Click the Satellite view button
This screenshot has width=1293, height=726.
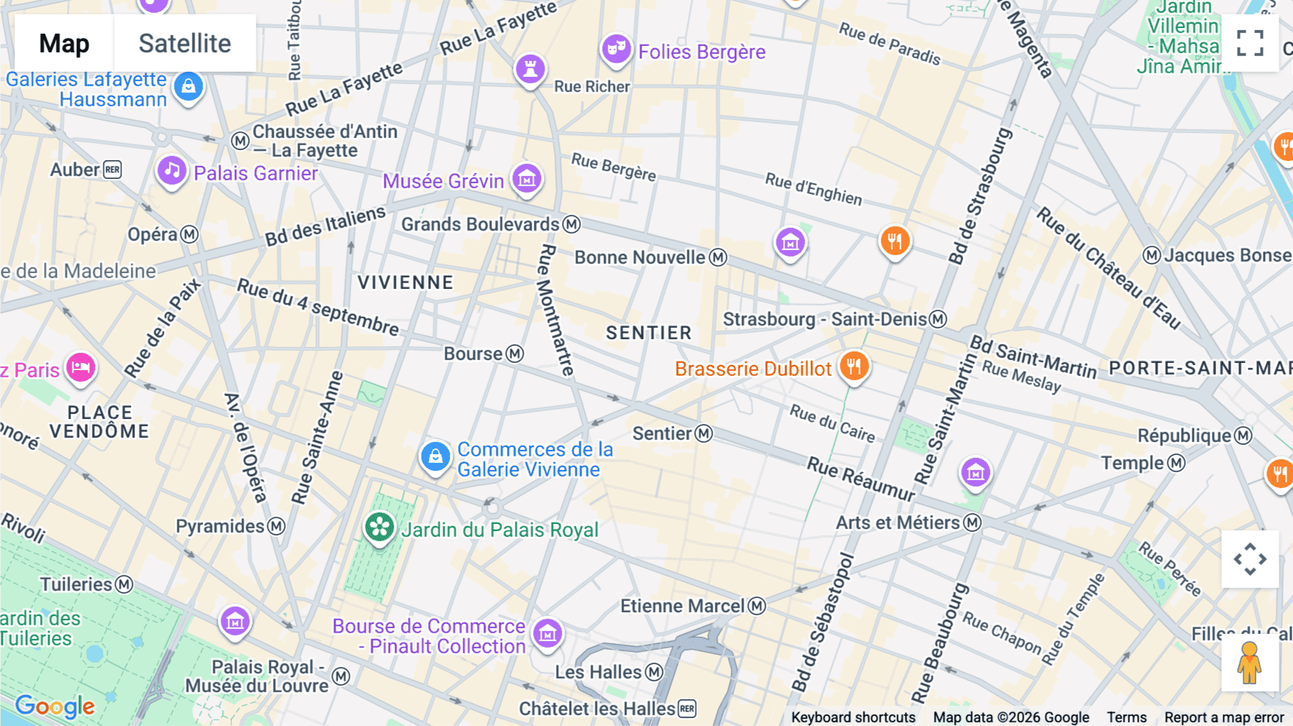coord(185,43)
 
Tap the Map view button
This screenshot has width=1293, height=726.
coord(64,43)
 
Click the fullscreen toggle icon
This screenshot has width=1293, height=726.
coord(1250,43)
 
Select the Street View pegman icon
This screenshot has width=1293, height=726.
coord(1250,663)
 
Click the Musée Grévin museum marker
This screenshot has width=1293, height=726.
coord(527,178)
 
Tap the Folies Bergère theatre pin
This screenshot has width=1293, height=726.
coord(616,50)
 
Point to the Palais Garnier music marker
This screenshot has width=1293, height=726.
coord(172,171)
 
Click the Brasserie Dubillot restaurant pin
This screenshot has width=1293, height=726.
coord(853,367)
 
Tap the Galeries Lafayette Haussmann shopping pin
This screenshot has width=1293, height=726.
coord(188,87)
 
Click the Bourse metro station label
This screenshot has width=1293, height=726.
coord(474,354)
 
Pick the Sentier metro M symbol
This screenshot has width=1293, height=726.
coord(704,433)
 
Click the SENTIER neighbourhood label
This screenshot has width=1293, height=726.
coord(648,333)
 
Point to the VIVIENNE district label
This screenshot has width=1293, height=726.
coord(405,282)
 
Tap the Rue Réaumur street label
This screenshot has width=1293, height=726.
coord(861,479)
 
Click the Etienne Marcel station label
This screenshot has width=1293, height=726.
coord(682,606)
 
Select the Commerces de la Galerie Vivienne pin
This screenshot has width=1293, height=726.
coord(435,456)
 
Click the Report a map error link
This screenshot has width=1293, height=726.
coord(1223,717)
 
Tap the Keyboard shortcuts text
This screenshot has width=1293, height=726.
coord(853,717)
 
